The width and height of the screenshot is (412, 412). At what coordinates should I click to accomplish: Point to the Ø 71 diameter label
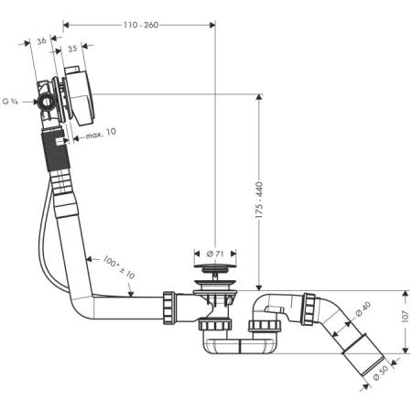[214, 252]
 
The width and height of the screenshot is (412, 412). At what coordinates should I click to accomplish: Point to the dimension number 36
[40, 40]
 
